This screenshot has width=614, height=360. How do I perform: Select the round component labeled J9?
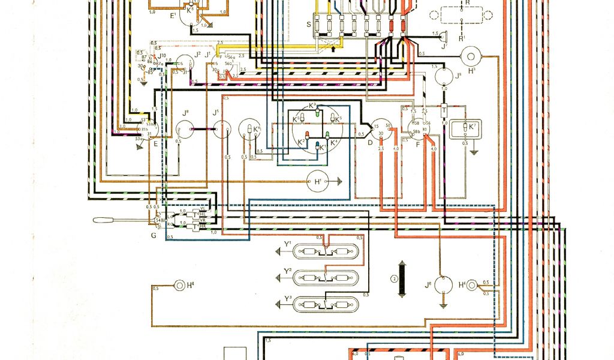pos(444,77)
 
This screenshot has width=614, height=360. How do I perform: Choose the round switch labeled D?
pos(379,128)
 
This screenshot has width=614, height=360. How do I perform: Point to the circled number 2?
pos(394,278)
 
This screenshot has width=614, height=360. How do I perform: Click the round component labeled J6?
pos(444,284)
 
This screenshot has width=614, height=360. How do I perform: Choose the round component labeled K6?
pos(248,128)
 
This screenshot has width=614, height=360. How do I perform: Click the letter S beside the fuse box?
pos(309,24)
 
